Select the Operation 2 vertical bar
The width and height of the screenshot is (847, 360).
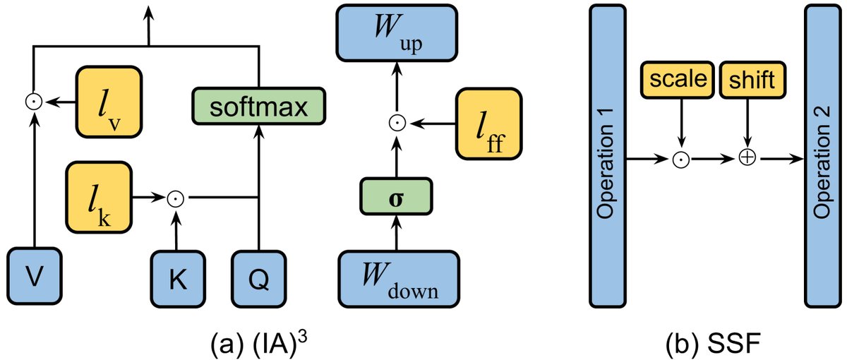pyautogui.click(x=822, y=159)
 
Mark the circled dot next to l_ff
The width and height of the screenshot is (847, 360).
pyautogui.click(x=396, y=124)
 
